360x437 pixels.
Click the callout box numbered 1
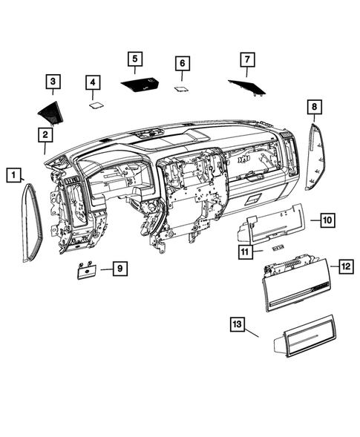(x=13, y=174)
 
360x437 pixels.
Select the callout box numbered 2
(x=45, y=134)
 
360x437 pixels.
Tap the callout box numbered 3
(x=54, y=82)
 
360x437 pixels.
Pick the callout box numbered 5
(x=134, y=59)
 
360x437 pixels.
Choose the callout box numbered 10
(x=327, y=220)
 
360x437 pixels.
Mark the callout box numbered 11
(x=246, y=252)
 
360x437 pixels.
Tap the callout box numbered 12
(x=345, y=266)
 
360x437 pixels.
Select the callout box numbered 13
(x=238, y=323)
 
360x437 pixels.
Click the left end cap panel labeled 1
(x=30, y=223)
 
